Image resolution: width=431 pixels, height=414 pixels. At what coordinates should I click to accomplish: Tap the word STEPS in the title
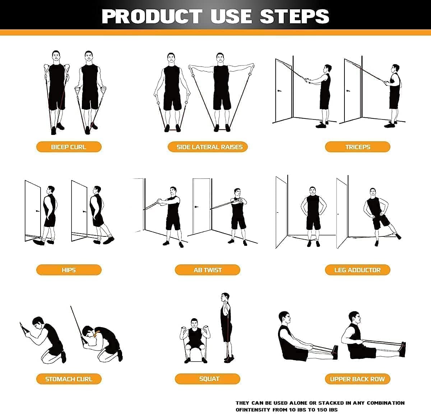point(295,17)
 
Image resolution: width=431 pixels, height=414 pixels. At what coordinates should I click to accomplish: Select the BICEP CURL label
point(69,147)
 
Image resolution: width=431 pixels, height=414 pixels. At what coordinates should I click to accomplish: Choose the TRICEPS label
point(357,147)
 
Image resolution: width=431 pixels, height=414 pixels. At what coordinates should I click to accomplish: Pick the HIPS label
point(69,270)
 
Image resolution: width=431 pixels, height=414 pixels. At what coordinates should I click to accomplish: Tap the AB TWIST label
point(208,270)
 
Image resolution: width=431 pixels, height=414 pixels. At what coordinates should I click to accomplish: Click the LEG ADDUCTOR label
point(357,270)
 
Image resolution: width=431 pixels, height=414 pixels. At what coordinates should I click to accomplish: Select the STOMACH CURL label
point(69,379)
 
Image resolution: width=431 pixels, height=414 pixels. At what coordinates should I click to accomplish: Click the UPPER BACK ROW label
point(357,379)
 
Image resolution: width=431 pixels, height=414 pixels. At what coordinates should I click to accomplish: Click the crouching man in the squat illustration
point(194,339)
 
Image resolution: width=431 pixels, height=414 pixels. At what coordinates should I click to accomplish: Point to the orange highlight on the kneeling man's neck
point(96,334)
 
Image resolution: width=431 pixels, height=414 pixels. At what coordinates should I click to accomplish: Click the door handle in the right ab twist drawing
point(196,207)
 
